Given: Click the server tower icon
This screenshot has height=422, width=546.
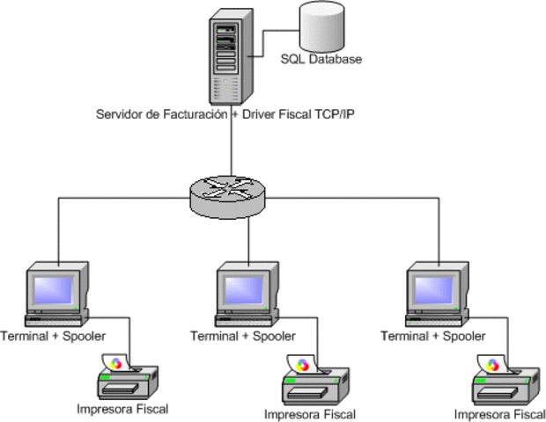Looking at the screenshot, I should [227, 57].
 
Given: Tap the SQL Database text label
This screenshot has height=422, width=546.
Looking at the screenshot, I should [321, 60].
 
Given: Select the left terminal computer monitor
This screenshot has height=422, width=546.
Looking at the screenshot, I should [55, 290].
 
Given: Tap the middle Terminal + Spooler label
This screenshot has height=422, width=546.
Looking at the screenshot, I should [243, 336].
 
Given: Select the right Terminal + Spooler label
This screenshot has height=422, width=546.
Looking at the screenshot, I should [433, 336].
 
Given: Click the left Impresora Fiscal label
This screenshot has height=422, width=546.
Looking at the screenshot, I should [122, 409].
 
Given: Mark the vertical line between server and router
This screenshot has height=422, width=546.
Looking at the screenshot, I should [232, 149].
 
